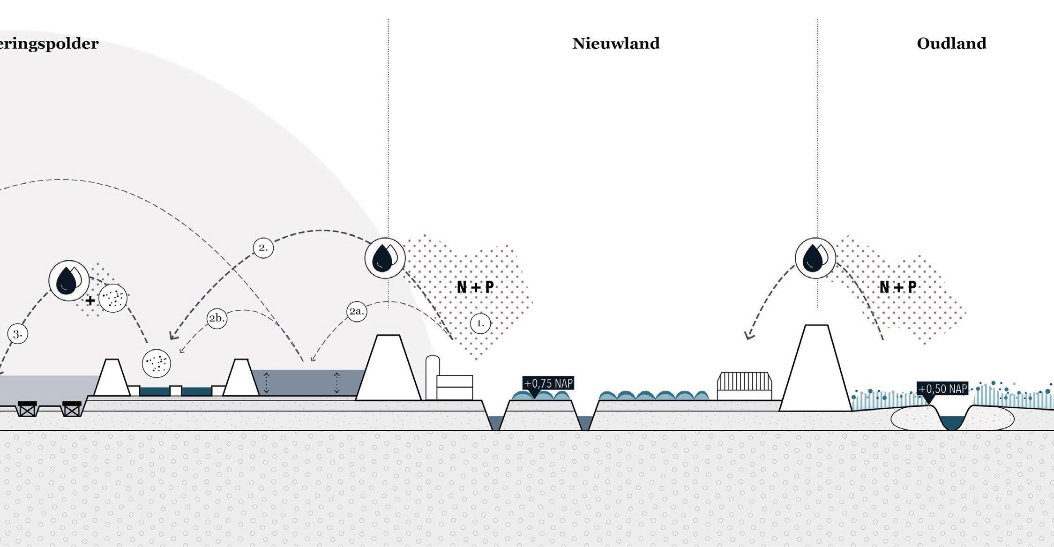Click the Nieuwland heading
[x=616, y=44]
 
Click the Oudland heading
[x=951, y=44]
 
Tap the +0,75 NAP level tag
[x=548, y=383]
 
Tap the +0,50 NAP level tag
[x=942, y=389]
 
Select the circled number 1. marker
[x=480, y=323]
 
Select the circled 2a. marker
[x=357, y=312]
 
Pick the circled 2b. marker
[x=217, y=319]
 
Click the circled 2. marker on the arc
[x=263, y=247]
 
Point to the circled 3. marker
[x=18, y=334]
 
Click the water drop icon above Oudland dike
[x=815, y=258]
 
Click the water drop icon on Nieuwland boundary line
[x=385, y=258]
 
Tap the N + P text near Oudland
[x=898, y=287]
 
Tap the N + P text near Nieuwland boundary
[x=475, y=287]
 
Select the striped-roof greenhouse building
[x=745, y=386]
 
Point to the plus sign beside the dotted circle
[x=90, y=300]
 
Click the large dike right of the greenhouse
[x=815, y=370]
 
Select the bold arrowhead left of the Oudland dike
[x=749, y=336]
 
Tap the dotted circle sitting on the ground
[x=157, y=363]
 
